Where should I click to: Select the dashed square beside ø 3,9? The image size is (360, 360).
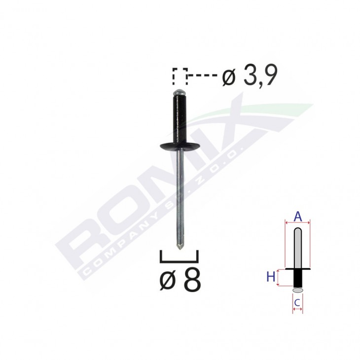(180, 76)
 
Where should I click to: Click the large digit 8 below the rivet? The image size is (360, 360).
(192, 282)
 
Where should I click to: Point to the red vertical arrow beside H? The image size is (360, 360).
(279, 278)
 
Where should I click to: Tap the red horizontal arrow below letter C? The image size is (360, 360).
(297, 309)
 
